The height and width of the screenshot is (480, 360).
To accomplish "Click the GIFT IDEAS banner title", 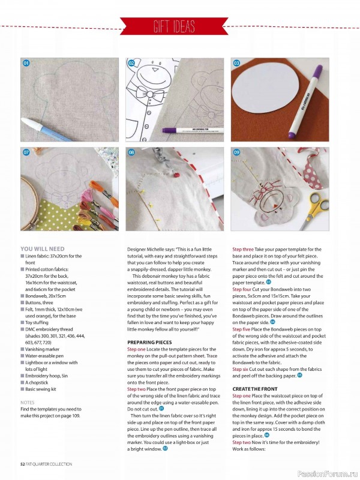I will (x=179, y=26).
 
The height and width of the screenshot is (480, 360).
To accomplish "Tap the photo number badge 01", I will (x=26, y=63).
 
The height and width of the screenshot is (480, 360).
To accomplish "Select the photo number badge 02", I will (x=131, y=63).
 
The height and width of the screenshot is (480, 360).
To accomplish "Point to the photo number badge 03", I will (x=236, y=63).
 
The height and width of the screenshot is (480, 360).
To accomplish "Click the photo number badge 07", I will (x=26, y=153).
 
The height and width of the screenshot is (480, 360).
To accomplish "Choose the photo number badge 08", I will (x=131, y=153).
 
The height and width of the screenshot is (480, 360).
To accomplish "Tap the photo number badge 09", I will (x=236, y=153).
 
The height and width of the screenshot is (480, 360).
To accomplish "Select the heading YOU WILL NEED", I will (x=42, y=248).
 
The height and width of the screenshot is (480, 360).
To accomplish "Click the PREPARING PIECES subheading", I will (x=149, y=341).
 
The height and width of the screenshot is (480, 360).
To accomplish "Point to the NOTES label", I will (x=28, y=403).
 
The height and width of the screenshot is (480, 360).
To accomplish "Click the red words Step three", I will (x=245, y=249).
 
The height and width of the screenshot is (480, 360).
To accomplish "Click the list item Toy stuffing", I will (x=39, y=322).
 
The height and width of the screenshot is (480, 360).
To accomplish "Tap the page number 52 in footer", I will (x=23, y=464).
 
